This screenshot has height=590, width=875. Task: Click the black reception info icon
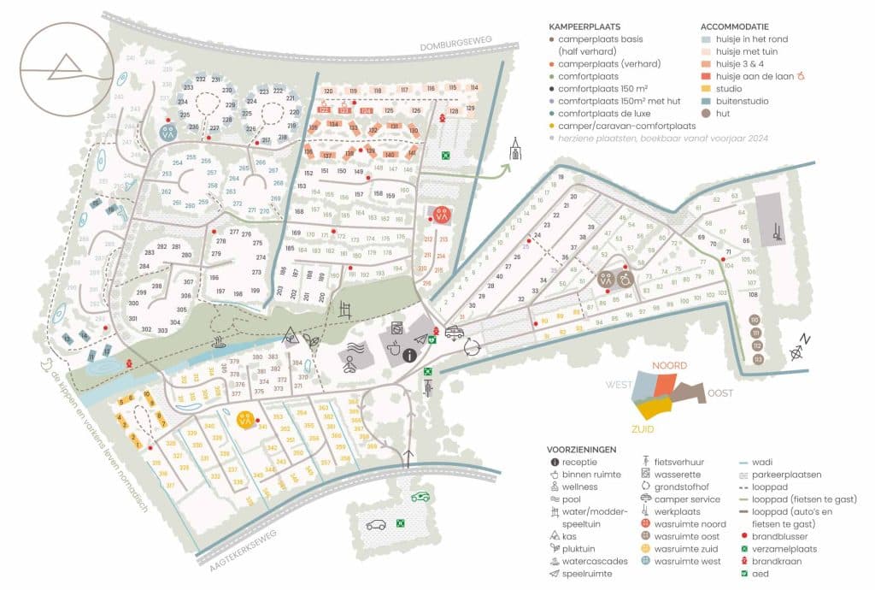[409, 353]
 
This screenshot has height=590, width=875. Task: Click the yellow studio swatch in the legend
[705, 89]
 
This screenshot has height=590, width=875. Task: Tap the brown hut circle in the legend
[705, 113]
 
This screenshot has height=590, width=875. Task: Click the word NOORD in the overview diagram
[670, 366]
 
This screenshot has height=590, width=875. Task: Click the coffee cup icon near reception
[396, 349]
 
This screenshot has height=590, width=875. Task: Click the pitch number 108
[753, 294]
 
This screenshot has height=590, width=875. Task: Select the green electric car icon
[419, 497]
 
